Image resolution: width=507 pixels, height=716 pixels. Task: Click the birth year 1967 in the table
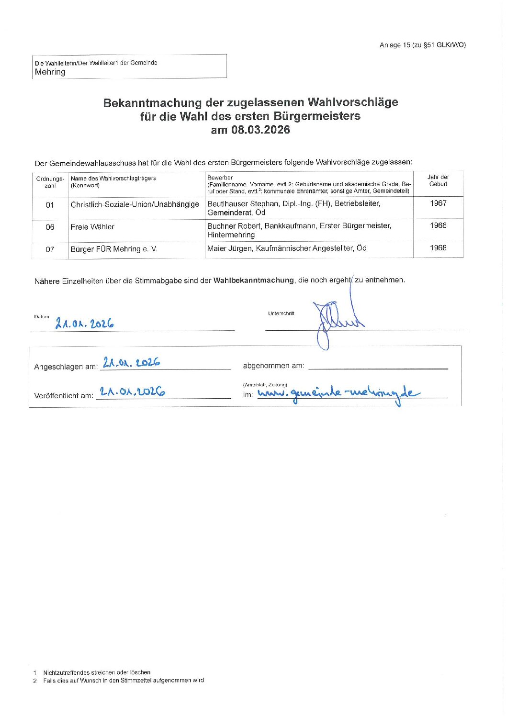pos(438,203)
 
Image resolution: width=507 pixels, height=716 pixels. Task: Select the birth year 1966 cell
pos(438,225)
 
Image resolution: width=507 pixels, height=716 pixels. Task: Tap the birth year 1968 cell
pos(438,248)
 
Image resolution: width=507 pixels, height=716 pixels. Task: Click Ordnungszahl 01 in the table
pos(50,205)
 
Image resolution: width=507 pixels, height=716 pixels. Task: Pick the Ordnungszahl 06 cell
pos(50,227)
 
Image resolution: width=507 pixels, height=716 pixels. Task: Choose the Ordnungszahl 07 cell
pos(50,249)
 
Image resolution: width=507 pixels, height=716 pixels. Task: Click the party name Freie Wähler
pos(92,227)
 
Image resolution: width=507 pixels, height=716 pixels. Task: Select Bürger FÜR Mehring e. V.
pos(113,249)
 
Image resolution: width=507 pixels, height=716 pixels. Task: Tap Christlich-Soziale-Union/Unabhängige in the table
pos(135,204)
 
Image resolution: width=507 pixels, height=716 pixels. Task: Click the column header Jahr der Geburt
pos(438,180)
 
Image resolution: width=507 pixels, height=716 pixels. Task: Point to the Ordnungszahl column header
pos(50,182)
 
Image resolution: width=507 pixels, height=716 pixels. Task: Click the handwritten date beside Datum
pos(85,324)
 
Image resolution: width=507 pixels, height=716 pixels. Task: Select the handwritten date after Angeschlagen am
pos(131,362)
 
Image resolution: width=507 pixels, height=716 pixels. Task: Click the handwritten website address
pos(338,394)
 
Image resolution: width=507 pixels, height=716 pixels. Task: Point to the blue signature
pos(335,321)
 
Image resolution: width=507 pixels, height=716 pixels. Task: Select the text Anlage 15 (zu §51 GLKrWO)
pos(422,45)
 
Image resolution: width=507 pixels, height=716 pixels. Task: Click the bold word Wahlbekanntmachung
pos(253,280)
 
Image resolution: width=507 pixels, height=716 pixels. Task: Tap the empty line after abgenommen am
pos(378,367)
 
